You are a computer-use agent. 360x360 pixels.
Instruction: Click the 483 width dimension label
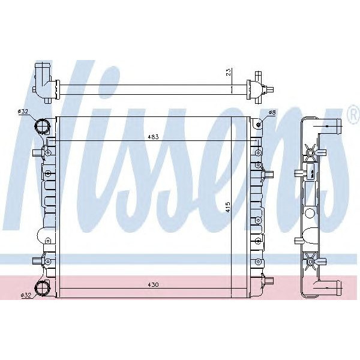[x=154, y=137]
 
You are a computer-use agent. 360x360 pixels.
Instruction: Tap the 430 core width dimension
[x=154, y=284]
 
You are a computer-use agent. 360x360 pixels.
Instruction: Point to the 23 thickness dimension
[x=228, y=73]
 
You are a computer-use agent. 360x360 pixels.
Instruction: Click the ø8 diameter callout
[x=272, y=112]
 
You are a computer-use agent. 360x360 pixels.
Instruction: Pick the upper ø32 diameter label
[x=23, y=112]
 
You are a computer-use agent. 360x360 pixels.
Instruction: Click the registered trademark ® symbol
[x=352, y=112]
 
